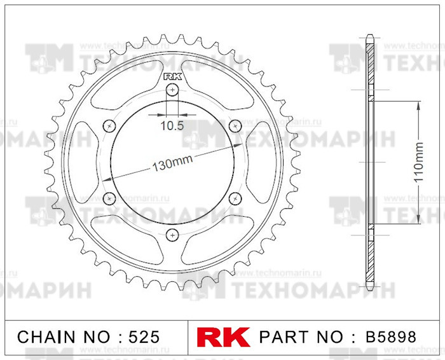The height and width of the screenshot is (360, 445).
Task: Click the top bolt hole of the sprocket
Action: [x=172, y=90]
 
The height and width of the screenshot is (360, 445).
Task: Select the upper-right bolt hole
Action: [x=233, y=125]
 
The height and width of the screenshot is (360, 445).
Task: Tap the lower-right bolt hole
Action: [x=233, y=199]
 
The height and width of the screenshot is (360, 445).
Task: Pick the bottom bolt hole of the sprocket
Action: [x=172, y=235]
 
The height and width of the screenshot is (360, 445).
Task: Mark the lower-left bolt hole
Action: [x=110, y=199]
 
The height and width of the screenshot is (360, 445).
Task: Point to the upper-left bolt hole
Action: [x=110, y=125]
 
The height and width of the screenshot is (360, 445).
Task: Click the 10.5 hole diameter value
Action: [x=172, y=126]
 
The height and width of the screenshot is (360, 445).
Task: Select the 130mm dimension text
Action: [x=172, y=165]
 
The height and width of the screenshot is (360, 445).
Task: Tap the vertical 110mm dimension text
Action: [x=418, y=163]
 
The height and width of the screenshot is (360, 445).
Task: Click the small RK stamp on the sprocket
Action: [x=172, y=77]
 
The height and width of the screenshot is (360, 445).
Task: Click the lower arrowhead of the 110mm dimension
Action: [x=418, y=220]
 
